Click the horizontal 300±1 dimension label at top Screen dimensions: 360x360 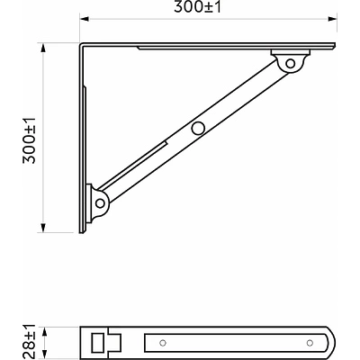197,7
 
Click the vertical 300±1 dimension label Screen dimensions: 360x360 30,140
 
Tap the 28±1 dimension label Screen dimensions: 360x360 30,342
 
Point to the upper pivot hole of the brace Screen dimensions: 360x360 290,64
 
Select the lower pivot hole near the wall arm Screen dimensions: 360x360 100,203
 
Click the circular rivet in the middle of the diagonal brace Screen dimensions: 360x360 198,128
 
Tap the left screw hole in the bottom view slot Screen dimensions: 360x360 163,343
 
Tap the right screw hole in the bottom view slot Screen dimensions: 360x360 310,343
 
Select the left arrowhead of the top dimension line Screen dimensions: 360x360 85,19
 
